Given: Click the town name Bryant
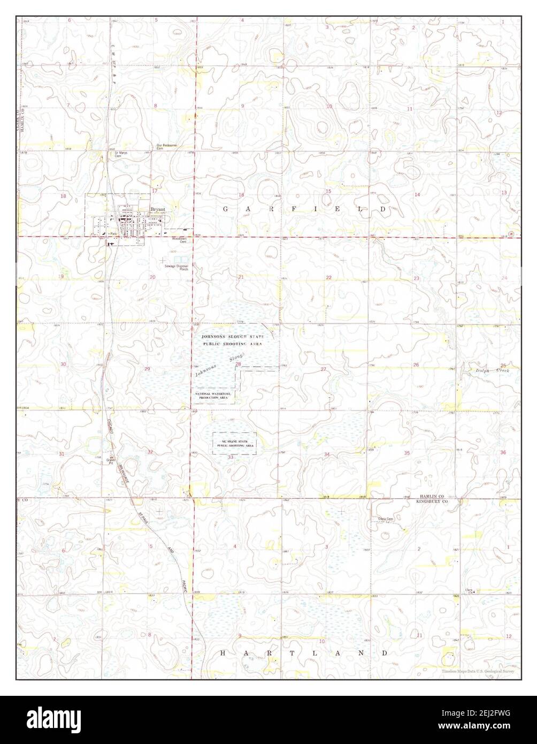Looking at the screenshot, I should coord(157,210).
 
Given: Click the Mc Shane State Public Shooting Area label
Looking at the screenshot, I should coord(235,443).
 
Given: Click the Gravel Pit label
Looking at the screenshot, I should coord(112,460).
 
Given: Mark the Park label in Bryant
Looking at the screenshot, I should coord(113,235).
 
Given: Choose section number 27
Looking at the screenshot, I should coord(324,369).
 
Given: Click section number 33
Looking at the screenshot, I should coord(231,458).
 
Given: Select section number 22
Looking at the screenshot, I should coord(328,277).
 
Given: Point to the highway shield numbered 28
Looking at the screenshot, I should coord(511,234).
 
